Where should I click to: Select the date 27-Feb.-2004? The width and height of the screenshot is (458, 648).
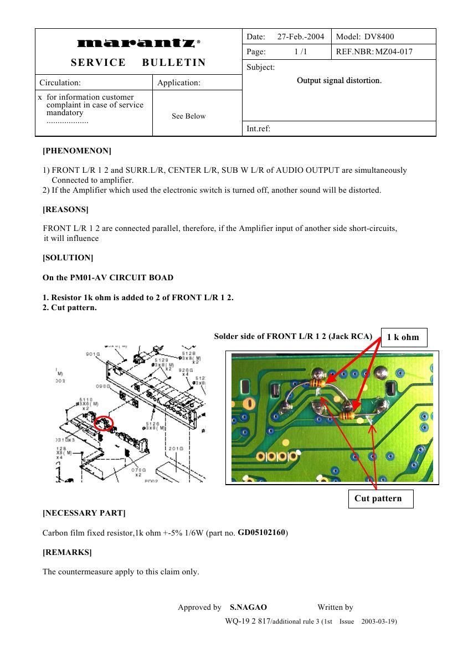coord(300,37)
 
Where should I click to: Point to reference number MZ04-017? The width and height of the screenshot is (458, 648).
coord(394,52)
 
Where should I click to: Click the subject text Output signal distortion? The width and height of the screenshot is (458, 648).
coord(339,80)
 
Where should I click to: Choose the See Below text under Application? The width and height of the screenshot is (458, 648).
coord(188,116)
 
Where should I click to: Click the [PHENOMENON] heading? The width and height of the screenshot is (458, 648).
coord(77,151)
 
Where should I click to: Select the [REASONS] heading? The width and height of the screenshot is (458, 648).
coord(65,209)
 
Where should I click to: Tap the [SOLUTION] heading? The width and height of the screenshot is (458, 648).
coord(68,258)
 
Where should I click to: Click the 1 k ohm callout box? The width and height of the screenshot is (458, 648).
coord(404,337)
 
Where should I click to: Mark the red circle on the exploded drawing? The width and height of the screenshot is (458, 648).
coord(104,424)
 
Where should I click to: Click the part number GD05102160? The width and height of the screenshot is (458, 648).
coord(261,532)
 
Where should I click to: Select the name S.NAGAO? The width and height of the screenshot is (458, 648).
coord(248,607)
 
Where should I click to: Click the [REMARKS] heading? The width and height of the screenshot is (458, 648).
coord(67,552)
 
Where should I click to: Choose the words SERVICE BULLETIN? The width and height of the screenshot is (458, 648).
coord(138,63)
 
